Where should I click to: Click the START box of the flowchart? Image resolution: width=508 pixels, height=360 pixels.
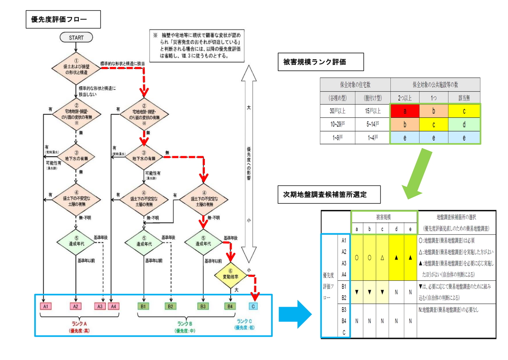[x=76, y=38]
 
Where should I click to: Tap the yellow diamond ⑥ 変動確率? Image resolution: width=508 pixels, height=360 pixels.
[x=230, y=277]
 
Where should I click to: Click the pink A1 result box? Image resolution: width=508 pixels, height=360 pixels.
[x=46, y=306]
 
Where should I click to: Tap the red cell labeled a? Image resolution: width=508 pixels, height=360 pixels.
[x=405, y=111]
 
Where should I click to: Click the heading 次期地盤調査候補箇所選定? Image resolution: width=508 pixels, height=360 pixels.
[x=328, y=195]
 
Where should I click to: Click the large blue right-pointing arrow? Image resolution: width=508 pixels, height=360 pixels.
[x=295, y=315]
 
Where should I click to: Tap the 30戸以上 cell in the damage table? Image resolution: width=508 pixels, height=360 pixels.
[x=338, y=111]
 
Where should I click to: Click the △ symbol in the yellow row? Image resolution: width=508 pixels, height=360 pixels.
[x=383, y=257]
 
